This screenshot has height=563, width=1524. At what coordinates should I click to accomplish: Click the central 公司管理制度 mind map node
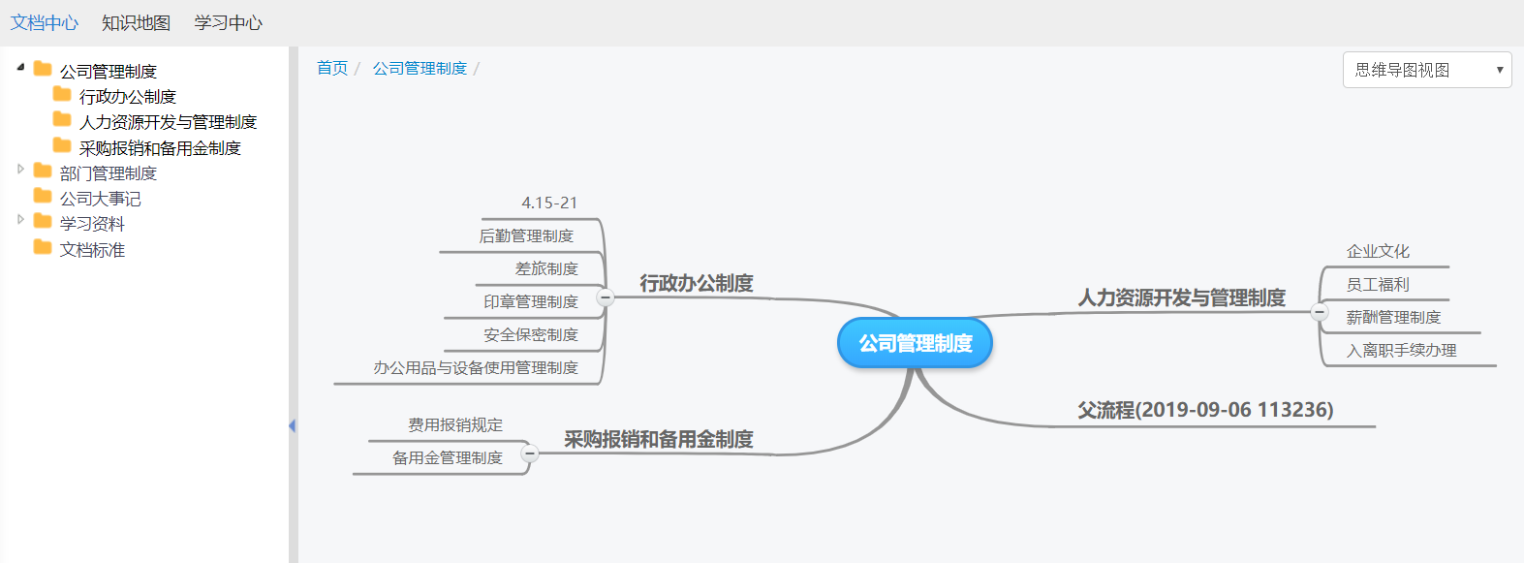tap(915, 344)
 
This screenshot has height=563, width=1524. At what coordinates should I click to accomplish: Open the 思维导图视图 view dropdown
tap(1426, 70)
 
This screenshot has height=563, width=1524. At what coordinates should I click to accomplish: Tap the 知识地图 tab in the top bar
tap(136, 22)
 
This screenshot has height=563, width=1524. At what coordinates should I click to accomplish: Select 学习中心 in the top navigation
tap(228, 22)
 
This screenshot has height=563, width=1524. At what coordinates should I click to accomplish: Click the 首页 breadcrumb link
tap(331, 68)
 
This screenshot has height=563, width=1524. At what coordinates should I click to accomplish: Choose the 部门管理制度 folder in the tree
tap(108, 173)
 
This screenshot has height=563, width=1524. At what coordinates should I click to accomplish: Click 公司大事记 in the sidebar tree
tap(100, 199)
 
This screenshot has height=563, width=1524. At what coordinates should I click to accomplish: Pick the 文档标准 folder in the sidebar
tap(92, 250)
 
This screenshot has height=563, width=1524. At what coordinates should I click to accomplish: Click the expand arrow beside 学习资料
tap(20, 220)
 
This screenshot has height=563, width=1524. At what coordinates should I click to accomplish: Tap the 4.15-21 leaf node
tap(549, 203)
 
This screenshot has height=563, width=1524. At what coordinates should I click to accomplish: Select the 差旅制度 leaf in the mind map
tap(546, 268)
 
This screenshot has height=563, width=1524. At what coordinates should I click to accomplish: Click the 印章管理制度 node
tap(531, 301)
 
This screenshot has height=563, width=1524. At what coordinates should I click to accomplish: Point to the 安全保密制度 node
tap(531, 334)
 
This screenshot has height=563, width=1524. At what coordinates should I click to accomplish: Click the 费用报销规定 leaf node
tap(455, 424)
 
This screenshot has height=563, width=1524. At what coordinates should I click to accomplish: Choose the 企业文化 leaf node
tap(1378, 251)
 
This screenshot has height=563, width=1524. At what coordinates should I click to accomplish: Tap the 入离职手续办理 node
tap(1401, 350)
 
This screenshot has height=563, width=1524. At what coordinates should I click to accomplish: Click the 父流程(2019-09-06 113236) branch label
tap(1205, 410)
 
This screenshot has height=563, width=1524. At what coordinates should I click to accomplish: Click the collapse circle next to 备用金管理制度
tap(530, 453)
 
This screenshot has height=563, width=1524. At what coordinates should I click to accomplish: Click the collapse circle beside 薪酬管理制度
tap(1319, 312)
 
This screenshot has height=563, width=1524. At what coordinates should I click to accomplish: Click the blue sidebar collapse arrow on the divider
tap(292, 425)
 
